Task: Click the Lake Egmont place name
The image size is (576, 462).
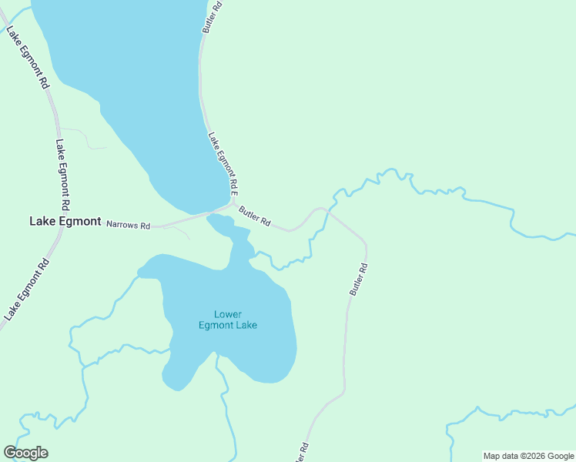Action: click(x=65, y=221)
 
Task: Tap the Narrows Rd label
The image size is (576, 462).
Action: click(x=128, y=224)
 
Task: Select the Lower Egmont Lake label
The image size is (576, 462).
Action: click(x=227, y=320)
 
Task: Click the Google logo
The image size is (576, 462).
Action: click(x=25, y=453)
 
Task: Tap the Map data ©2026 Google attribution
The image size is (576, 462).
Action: click(x=528, y=456)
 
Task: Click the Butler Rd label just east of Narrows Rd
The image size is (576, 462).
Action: click(x=254, y=216)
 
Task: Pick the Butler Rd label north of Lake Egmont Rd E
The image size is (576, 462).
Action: click(x=213, y=15)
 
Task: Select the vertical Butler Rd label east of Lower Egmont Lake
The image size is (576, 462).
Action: click(x=359, y=280)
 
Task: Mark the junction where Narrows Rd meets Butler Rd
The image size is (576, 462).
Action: click(x=232, y=205)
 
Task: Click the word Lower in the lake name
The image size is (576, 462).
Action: click(x=228, y=314)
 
